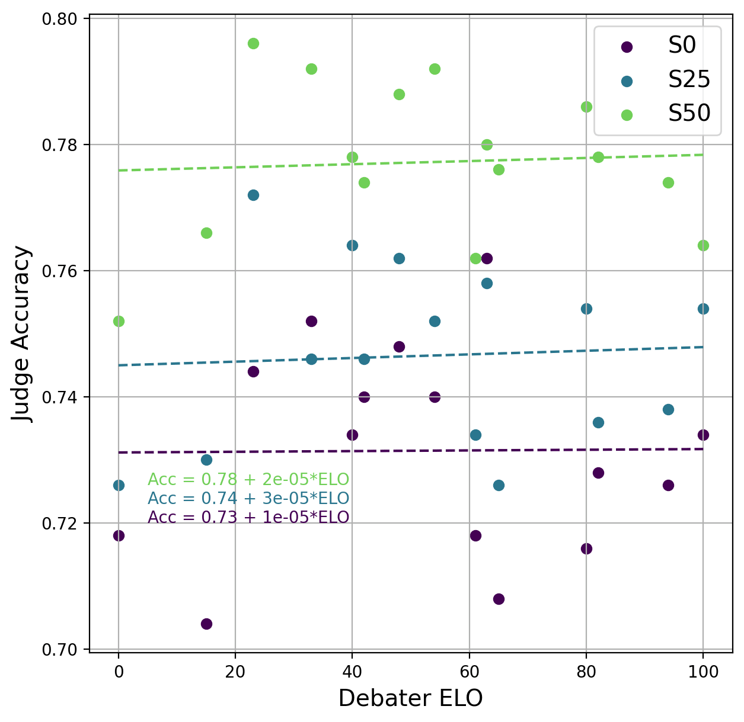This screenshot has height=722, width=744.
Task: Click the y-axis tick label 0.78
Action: coord(60,145)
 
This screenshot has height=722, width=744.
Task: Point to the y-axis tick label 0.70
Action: coord(60,650)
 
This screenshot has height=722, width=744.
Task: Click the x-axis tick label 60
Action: coord(469,672)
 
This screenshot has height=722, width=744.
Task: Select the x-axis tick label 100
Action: coord(703,672)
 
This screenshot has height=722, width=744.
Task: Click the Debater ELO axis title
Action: coord(410,699)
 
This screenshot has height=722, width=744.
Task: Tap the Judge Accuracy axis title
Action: coord(23,334)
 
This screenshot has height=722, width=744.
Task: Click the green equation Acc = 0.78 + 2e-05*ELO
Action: coord(248,479)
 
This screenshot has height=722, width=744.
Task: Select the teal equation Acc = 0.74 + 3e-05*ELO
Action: coord(248,498)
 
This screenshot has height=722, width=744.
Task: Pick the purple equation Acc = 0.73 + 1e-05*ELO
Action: coord(248,517)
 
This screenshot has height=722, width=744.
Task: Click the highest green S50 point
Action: coord(253,43)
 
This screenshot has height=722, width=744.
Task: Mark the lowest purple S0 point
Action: coord(206,624)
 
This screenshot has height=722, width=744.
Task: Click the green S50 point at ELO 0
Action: coord(119,321)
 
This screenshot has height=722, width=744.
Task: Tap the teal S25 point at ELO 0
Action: coord(119,485)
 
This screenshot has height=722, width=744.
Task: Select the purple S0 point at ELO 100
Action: coord(703,435)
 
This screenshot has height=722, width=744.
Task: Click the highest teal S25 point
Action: coord(253,195)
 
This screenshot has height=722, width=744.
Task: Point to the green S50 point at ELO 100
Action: coord(703,245)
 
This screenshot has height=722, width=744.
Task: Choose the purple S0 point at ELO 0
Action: coord(119,535)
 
